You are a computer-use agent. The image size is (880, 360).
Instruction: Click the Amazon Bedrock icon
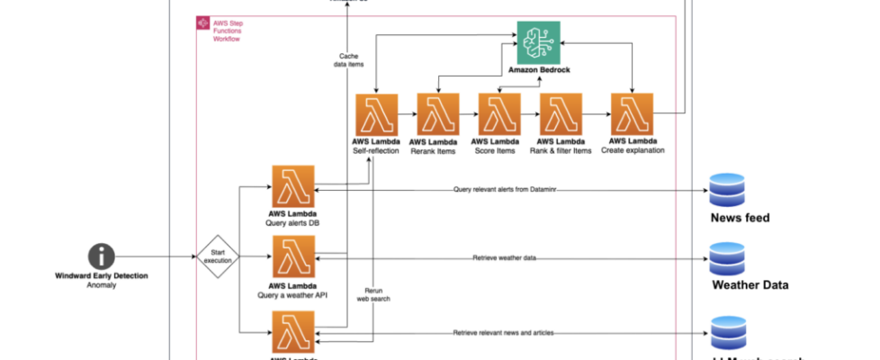coord(538,42)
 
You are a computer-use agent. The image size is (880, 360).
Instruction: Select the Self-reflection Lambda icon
coord(378,115)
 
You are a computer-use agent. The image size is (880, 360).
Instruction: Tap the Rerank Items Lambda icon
coord(438,115)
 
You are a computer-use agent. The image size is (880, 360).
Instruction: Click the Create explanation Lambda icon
coord(633,115)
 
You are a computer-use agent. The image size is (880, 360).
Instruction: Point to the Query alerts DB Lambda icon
coord(292,186)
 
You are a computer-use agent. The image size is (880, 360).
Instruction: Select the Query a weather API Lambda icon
coord(292,257)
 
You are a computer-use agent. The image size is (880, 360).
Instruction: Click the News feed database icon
coord(727,190)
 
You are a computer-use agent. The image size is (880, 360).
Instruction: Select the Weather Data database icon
coord(727,258)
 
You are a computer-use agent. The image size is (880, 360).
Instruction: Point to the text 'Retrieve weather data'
coord(504,258)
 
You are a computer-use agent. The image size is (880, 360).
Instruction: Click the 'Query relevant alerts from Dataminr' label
coord(508,189)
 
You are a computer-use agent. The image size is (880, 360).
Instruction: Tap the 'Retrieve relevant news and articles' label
coord(503,333)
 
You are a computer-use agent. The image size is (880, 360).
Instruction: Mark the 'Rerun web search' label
coord(377,293)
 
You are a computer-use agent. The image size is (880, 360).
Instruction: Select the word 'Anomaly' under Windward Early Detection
coord(102,285)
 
